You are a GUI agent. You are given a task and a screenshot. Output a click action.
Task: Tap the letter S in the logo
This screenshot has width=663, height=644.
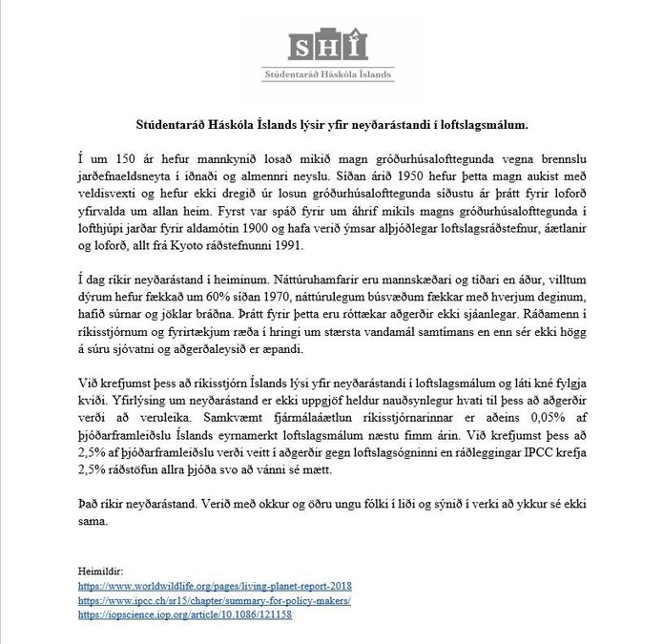pyautogui.click(x=304, y=44)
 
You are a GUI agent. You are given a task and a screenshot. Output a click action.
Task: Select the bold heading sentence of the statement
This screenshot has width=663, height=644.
pyautogui.click(x=331, y=125)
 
